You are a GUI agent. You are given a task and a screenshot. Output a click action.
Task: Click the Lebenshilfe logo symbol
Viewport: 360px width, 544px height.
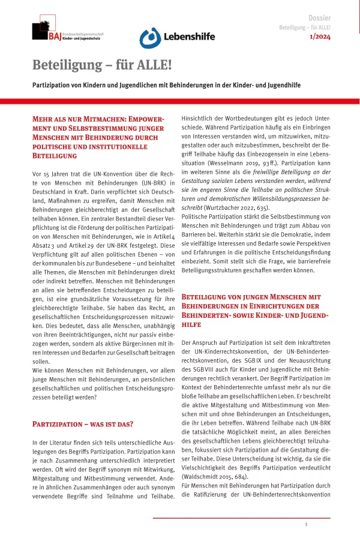(x=149, y=38)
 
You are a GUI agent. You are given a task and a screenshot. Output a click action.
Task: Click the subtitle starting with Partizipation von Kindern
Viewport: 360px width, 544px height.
(x=166, y=85)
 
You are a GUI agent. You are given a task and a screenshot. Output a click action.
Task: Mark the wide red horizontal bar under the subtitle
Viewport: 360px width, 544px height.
(x=180, y=101)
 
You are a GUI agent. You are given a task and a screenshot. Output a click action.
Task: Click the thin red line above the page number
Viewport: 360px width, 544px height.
(x=240, y=516)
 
